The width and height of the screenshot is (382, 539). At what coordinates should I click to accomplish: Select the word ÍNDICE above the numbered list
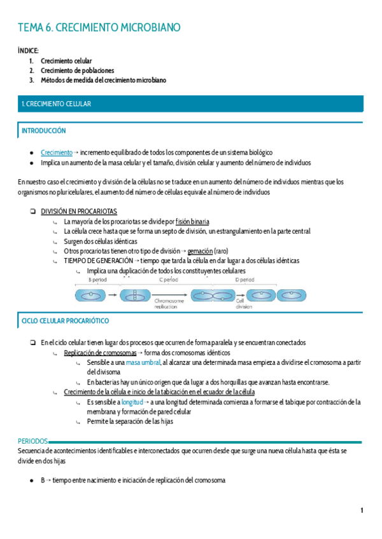(x=29, y=50)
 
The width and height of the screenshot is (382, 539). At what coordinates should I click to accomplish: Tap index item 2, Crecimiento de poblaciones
(x=77, y=71)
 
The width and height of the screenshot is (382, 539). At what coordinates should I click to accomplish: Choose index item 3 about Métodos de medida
(x=103, y=81)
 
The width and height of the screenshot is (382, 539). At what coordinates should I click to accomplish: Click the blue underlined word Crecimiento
(x=57, y=153)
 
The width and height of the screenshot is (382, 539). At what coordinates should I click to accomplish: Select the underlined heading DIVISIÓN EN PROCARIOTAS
(x=78, y=211)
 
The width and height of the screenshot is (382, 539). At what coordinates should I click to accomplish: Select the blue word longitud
(x=132, y=402)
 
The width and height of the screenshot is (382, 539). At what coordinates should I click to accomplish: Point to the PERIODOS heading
(x=32, y=441)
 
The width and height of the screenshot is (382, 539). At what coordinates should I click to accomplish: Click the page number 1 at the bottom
(x=361, y=510)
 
